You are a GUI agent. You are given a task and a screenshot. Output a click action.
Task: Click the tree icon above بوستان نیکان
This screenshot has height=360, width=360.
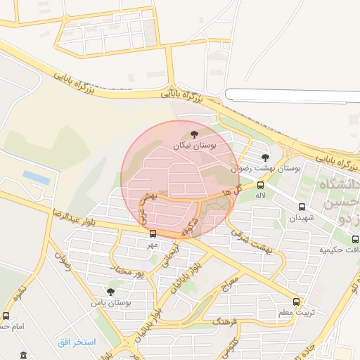[x=194, y=134]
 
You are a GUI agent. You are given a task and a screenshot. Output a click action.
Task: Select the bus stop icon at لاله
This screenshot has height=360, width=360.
[x=261, y=184]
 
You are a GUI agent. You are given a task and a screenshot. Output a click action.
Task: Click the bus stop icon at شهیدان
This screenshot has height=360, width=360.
[x=302, y=207]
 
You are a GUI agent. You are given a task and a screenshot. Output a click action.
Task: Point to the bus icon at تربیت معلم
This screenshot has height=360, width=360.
[x=296, y=302]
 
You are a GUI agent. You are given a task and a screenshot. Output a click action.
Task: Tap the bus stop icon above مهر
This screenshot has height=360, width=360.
[x=153, y=234]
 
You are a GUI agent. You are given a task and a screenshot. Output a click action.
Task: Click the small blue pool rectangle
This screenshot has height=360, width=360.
[x=37, y=177]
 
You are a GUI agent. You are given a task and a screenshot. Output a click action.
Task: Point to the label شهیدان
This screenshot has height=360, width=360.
[x=299, y=218]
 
